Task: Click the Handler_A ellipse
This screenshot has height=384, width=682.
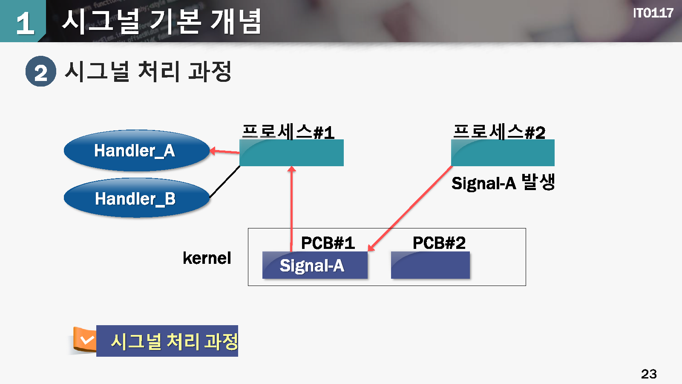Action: [136, 150]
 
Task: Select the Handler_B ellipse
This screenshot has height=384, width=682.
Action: [136, 198]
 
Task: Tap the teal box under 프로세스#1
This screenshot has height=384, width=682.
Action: [291, 153]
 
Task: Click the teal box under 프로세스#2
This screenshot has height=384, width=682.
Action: [503, 153]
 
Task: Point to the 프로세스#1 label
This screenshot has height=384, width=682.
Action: [288, 132]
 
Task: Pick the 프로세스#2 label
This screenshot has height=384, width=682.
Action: [499, 132]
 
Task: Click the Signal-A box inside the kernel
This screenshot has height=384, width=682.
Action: [315, 265]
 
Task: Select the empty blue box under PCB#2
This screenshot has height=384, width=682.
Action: [430, 265]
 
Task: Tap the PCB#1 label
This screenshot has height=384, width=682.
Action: [328, 243]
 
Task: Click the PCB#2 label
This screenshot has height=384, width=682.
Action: [439, 243]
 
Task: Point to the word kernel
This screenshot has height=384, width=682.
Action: [207, 258]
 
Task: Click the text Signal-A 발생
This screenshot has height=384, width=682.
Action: [503, 183]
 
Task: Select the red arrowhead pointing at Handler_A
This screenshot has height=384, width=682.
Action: [213, 150]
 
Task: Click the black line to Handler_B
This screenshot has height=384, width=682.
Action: [224, 182]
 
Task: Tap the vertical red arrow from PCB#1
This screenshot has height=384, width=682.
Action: [291, 209]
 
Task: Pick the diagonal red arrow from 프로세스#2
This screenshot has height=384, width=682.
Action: [410, 208]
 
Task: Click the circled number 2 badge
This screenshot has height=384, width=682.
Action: [40, 72]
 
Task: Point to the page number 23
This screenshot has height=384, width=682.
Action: [649, 374]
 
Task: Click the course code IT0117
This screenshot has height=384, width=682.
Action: [653, 13]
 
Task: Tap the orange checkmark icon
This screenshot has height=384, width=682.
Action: [85, 340]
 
